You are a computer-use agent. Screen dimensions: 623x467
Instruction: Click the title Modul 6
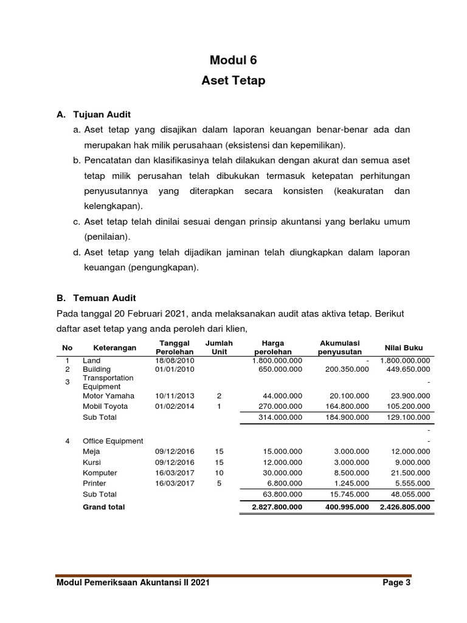[x=233, y=60]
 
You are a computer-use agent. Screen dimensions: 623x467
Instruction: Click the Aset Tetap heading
[x=233, y=80]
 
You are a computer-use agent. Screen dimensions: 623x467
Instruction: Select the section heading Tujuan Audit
[x=102, y=114]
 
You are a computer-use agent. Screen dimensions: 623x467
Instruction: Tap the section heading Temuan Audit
[x=105, y=298]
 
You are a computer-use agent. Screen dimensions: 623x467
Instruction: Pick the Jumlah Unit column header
[x=219, y=347]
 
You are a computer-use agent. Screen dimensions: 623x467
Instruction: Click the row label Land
[x=92, y=361]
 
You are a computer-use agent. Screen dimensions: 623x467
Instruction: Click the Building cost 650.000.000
[x=277, y=369]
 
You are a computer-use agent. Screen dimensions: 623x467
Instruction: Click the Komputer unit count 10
[x=219, y=473]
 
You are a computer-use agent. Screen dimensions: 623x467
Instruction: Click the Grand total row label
[x=103, y=507]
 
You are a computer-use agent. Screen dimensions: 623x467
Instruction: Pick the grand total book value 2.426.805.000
[x=404, y=507]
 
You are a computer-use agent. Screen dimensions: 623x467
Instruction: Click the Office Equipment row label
[x=113, y=441]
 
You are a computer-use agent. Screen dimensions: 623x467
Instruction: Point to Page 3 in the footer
[x=396, y=583]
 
